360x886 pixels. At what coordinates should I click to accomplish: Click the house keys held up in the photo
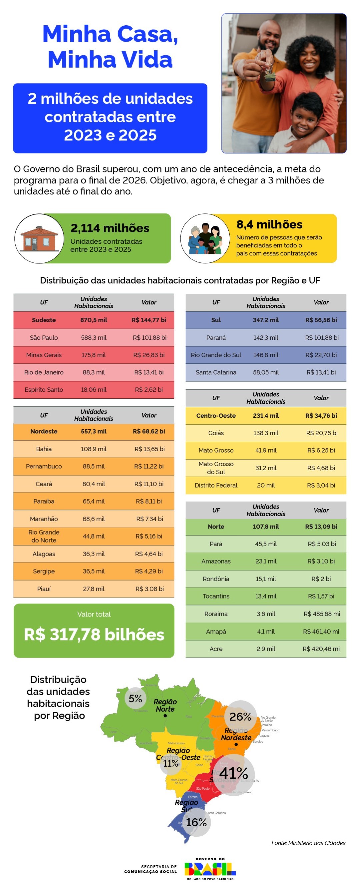270,73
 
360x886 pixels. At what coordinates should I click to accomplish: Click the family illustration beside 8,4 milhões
205,238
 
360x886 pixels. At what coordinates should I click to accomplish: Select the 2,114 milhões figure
110,228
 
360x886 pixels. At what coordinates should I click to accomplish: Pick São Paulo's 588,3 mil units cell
94,337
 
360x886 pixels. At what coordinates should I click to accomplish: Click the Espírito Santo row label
44,390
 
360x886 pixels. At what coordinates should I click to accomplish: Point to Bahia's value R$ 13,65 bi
149,449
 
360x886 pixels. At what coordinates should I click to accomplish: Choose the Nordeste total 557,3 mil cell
94,431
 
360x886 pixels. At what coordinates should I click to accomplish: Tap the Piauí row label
44,589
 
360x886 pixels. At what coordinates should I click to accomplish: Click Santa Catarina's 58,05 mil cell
266,372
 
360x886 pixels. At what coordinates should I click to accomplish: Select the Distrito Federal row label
216,485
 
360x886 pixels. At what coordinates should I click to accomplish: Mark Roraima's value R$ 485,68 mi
321,614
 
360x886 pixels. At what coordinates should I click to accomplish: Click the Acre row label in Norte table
216,649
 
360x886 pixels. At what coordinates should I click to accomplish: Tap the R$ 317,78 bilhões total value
94,635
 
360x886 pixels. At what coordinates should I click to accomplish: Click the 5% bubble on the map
135,699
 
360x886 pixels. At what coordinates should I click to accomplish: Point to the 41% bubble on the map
233,774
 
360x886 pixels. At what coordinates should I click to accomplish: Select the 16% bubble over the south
196,822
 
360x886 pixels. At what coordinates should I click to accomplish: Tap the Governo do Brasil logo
210,868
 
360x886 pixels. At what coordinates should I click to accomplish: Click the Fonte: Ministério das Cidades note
308,843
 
